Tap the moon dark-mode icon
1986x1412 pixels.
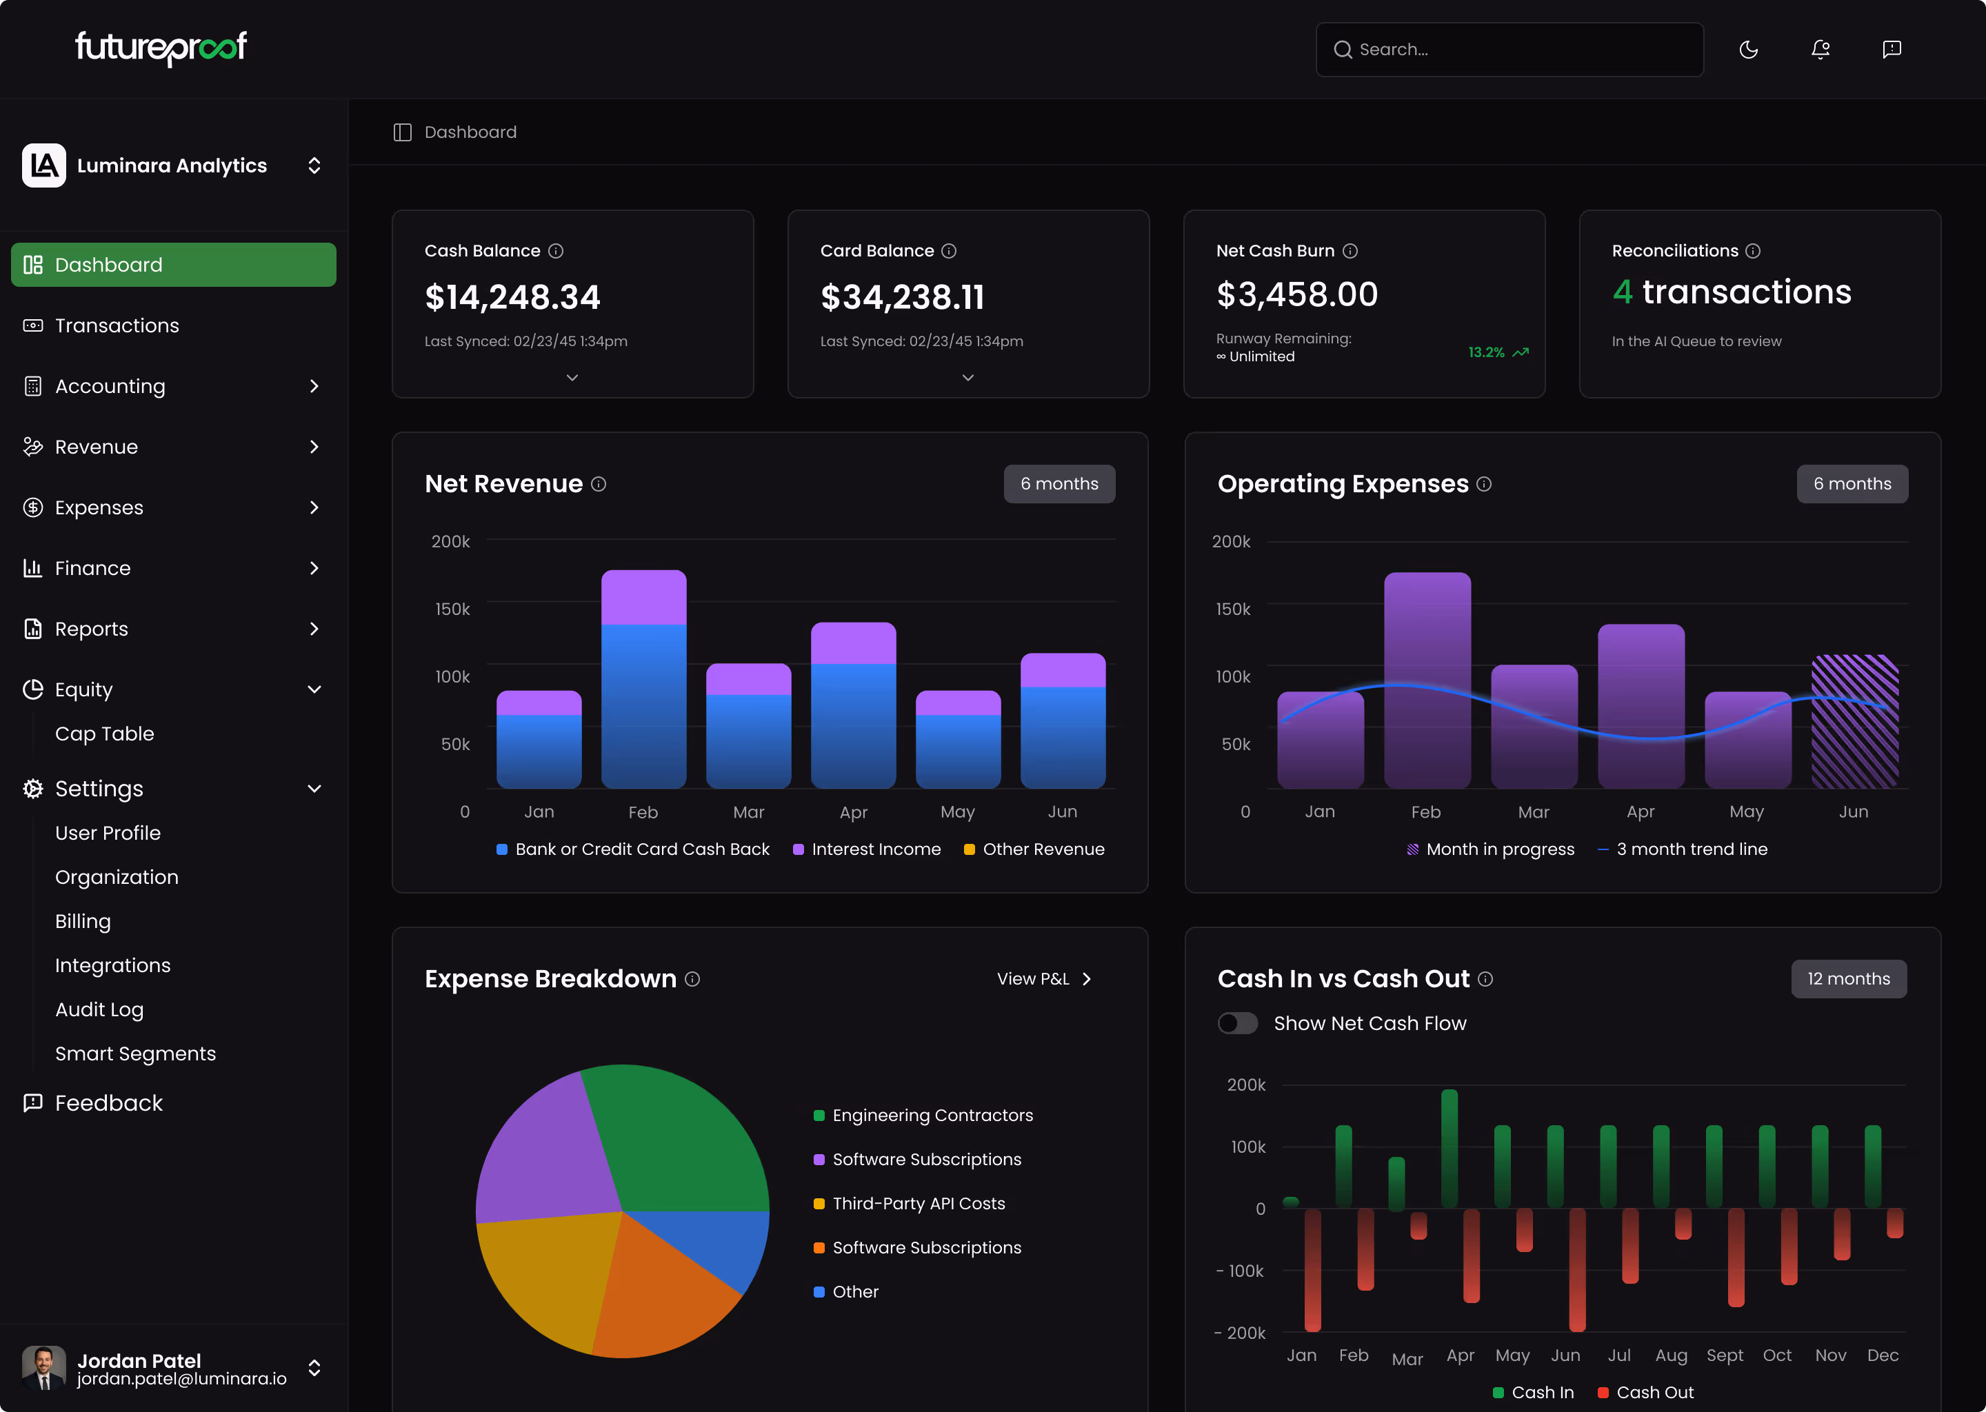(x=1748, y=50)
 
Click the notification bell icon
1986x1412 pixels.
(x=1820, y=50)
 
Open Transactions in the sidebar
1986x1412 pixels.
(x=117, y=325)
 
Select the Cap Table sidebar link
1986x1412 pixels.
(x=104, y=734)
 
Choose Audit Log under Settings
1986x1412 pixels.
(x=99, y=1009)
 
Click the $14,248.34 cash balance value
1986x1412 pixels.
(x=512, y=297)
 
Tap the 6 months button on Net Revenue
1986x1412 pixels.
(x=1059, y=483)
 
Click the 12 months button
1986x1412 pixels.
(x=1848, y=979)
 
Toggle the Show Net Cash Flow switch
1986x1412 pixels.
(x=1236, y=1023)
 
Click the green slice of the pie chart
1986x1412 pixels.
(x=679, y=1139)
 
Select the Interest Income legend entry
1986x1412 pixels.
(x=875, y=849)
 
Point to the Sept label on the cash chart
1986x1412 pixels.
(x=1724, y=1355)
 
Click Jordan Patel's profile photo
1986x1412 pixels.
(x=43, y=1368)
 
